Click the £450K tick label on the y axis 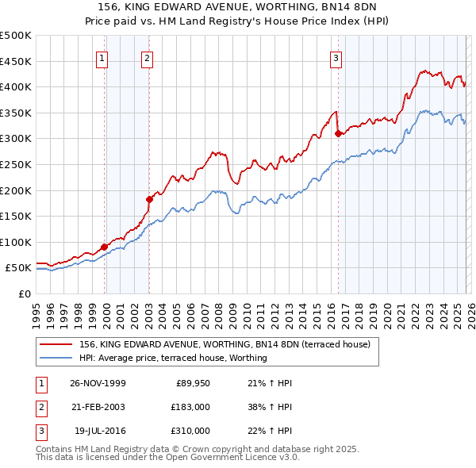click(16, 61)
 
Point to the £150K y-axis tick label click(16, 216)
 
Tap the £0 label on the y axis click(24, 293)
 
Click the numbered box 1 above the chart click(103, 57)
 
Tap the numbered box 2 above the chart click(148, 57)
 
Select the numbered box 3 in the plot click(336, 57)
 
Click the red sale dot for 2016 click(338, 133)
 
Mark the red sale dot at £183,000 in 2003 click(149, 199)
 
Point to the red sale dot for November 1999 click(105, 247)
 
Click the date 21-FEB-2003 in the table click(98, 406)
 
